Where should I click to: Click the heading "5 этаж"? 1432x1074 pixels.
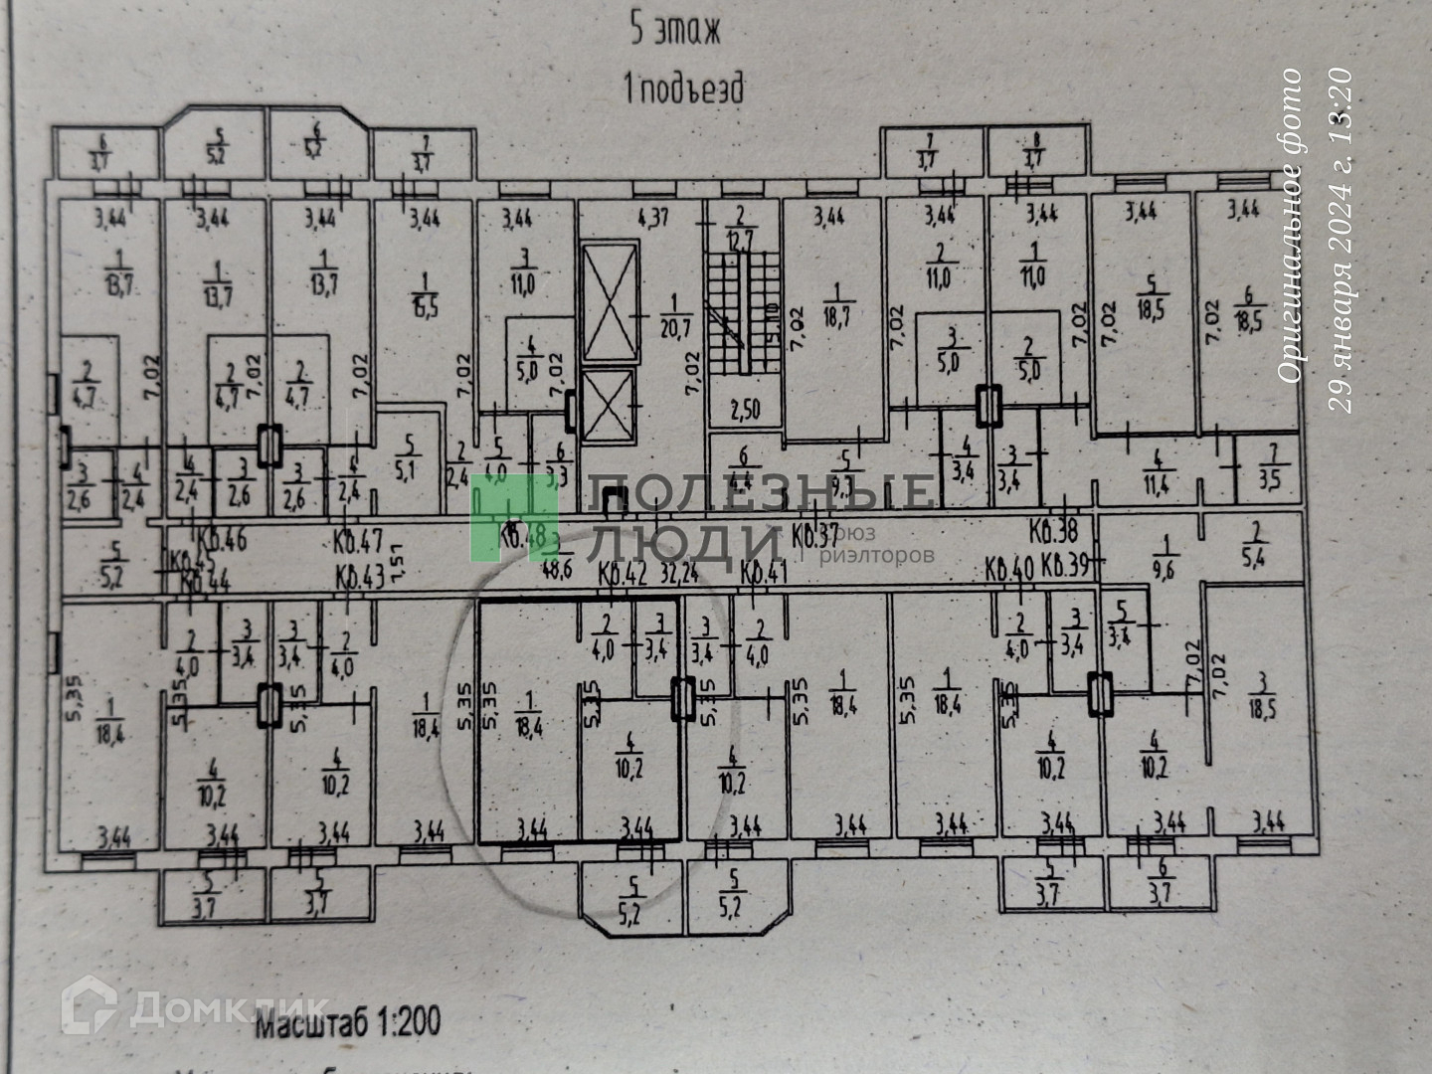coord(675,30)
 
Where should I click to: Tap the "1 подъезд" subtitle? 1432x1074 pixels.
coord(682,89)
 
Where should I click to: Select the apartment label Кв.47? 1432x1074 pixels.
coord(359,543)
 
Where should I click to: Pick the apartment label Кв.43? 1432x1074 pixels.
coord(359,576)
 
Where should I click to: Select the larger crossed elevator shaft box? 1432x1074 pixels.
coord(609,301)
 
